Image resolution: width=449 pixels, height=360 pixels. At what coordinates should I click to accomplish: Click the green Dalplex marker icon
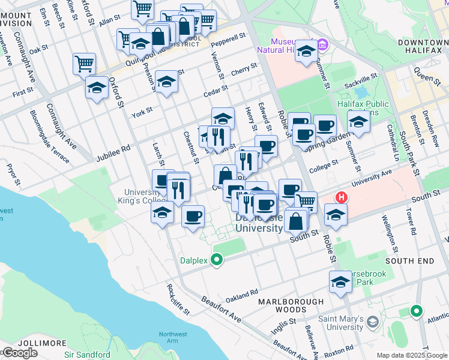(x=217, y=260)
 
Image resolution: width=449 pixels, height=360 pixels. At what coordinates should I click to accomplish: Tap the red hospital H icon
(x=342, y=197)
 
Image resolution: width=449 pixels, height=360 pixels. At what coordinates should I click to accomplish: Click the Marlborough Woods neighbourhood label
(x=291, y=305)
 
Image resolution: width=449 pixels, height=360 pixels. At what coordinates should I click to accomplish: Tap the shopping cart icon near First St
(x=85, y=64)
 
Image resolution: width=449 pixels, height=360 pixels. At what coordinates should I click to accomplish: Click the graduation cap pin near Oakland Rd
(x=340, y=282)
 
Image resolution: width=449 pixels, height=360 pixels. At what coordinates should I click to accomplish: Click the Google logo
(x=20, y=352)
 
